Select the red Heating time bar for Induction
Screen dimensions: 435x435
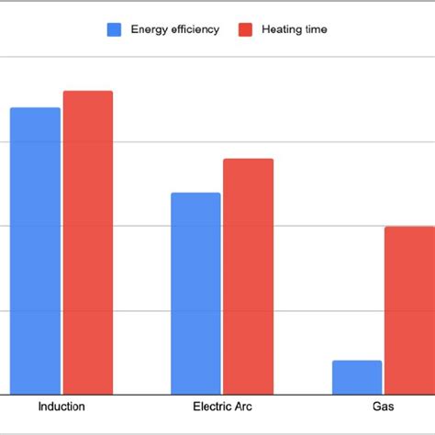(x=87, y=242)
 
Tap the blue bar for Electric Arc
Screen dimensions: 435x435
(x=195, y=293)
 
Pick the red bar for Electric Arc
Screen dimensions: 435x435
(x=248, y=276)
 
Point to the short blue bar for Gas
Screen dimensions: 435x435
(x=356, y=377)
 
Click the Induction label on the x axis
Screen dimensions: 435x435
(x=61, y=407)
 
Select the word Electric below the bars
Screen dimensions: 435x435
(x=211, y=407)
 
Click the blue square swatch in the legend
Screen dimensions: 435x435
(x=114, y=29)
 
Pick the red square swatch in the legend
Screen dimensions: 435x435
(x=246, y=29)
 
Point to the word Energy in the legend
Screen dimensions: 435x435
(x=149, y=29)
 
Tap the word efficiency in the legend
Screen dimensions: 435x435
(x=195, y=29)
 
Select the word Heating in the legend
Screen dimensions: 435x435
(x=281, y=29)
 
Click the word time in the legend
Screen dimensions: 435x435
(x=316, y=29)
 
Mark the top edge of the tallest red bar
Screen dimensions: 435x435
(x=87, y=92)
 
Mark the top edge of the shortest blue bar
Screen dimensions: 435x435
(x=356, y=361)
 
